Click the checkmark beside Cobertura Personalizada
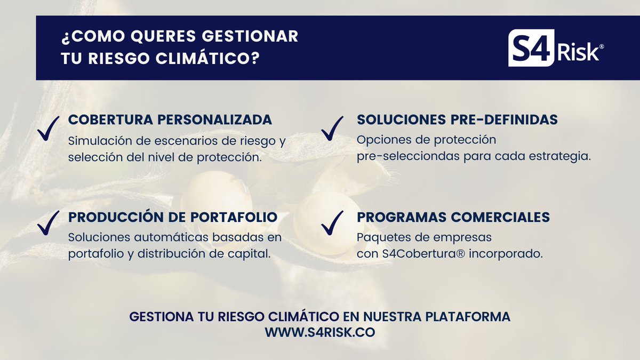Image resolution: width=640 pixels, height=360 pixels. tap(49, 129)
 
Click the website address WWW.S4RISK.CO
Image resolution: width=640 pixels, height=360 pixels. tap(320, 332)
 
